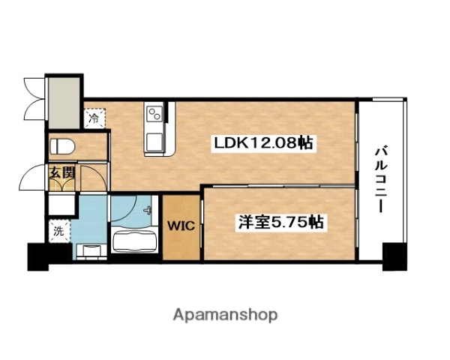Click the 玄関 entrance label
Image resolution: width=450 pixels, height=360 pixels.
point(62,172)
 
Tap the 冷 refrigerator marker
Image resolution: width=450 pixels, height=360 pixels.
point(94,118)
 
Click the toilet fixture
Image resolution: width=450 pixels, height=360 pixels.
point(61,145)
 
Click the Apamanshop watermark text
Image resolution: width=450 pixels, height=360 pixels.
point(226,314)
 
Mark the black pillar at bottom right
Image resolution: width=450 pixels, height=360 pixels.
point(393,256)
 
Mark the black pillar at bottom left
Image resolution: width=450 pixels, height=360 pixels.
point(38,256)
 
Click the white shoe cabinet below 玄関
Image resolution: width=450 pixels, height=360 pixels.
point(61,202)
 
